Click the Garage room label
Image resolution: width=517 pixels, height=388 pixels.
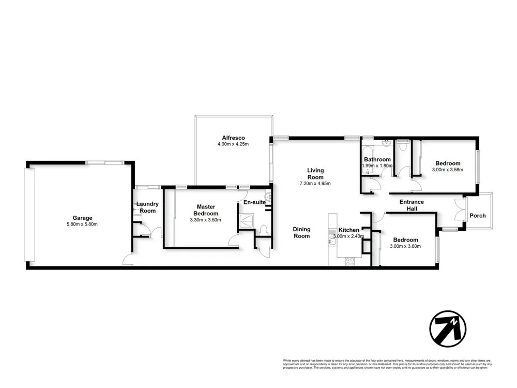[82, 218]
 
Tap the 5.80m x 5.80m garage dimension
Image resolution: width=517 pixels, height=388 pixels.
[82, 224]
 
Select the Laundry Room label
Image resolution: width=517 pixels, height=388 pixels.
[147, 207]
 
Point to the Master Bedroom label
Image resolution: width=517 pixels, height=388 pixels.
[206, 210]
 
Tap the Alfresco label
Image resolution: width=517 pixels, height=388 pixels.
[233, 138]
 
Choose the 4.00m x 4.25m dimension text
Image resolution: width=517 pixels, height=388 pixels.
[233, 144]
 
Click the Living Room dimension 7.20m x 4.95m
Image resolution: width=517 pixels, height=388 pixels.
[315, 183]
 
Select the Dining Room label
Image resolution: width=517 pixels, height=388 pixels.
[301, 232]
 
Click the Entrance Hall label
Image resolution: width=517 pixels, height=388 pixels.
[412, 205]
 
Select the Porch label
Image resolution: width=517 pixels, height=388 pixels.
[478, 215]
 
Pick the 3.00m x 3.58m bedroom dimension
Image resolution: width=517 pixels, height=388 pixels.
[448, 169]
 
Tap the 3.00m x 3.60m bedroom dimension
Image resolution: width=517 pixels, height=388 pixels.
[405, 246]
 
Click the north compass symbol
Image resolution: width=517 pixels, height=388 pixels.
[448, 329]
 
